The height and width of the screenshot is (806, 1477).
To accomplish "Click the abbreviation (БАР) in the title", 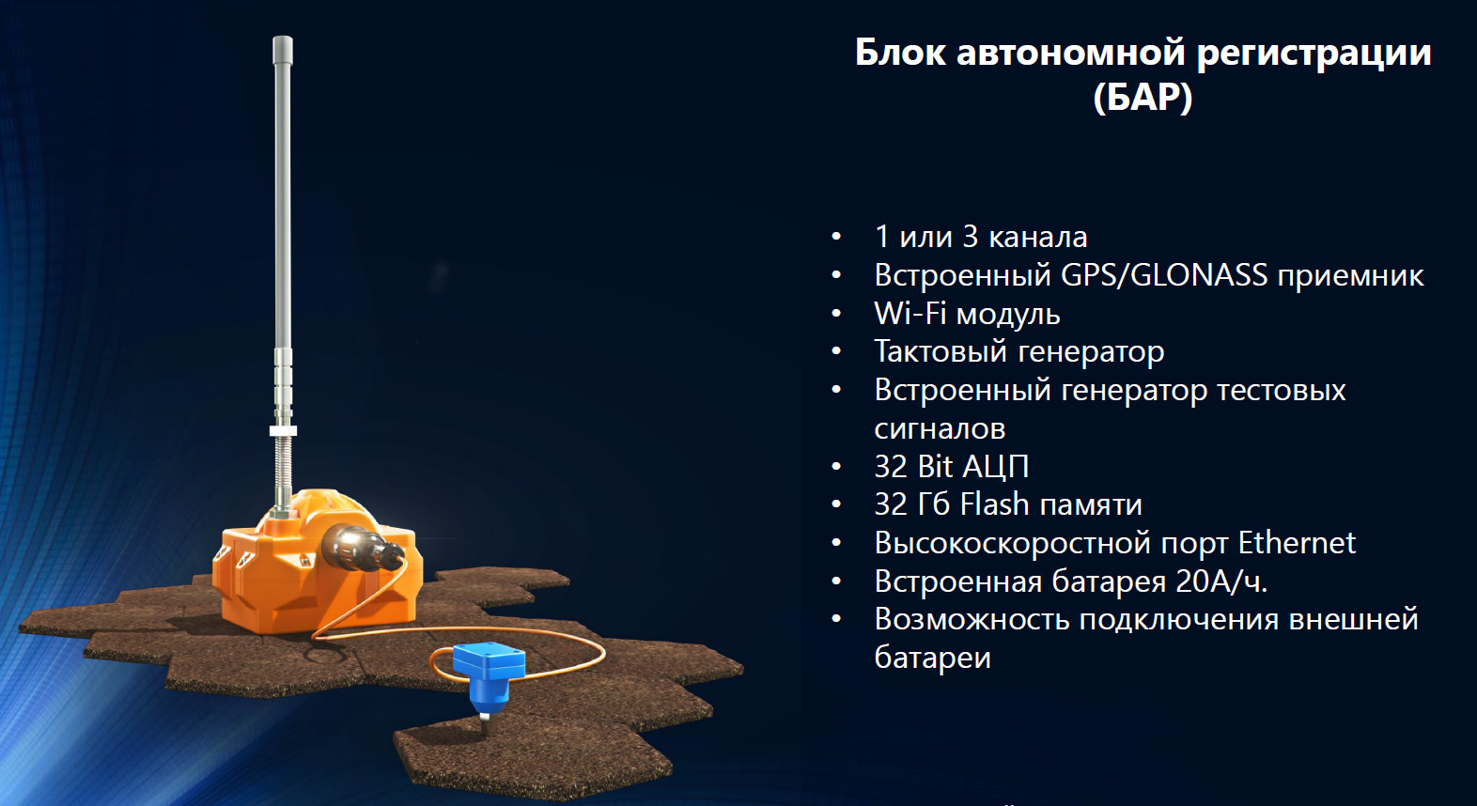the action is pos(1143,98).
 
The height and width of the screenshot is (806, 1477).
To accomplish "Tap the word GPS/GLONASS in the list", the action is pos(1164,275).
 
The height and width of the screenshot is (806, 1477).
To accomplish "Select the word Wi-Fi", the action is pos(910,313).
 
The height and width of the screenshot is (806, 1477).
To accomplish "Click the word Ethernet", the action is pos(1297,542).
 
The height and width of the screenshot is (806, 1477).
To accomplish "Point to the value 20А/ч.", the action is pos(1221,581).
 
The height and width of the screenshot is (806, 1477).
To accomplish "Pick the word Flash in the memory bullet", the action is pos(994,504).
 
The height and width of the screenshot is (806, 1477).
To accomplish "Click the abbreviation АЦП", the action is pos(995,467).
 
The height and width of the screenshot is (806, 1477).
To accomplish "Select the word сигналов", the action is pos(940,429).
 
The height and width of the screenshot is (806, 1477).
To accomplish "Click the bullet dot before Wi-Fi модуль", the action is pos(837,314).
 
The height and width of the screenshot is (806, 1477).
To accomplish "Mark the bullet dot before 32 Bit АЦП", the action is pos(837,467).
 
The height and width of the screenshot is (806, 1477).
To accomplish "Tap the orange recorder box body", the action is pos(310,580).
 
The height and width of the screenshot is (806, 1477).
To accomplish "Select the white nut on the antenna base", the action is pos(283,430).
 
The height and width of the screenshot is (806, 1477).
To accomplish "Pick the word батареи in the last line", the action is pos(932,657).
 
